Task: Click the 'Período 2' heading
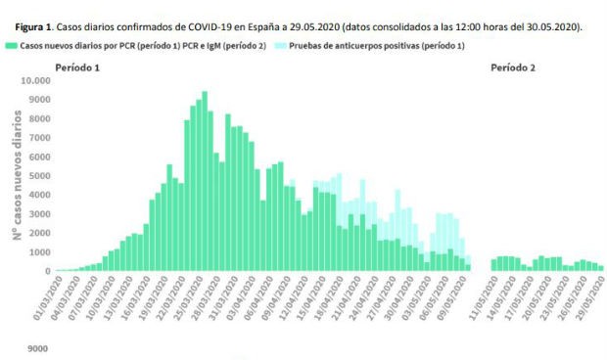point(514,67)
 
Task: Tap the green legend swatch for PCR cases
point(10,45)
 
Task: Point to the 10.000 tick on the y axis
point(34,81)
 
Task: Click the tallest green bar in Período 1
point(205,186)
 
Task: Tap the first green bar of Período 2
point(493,264)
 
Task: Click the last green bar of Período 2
point(601,267)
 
